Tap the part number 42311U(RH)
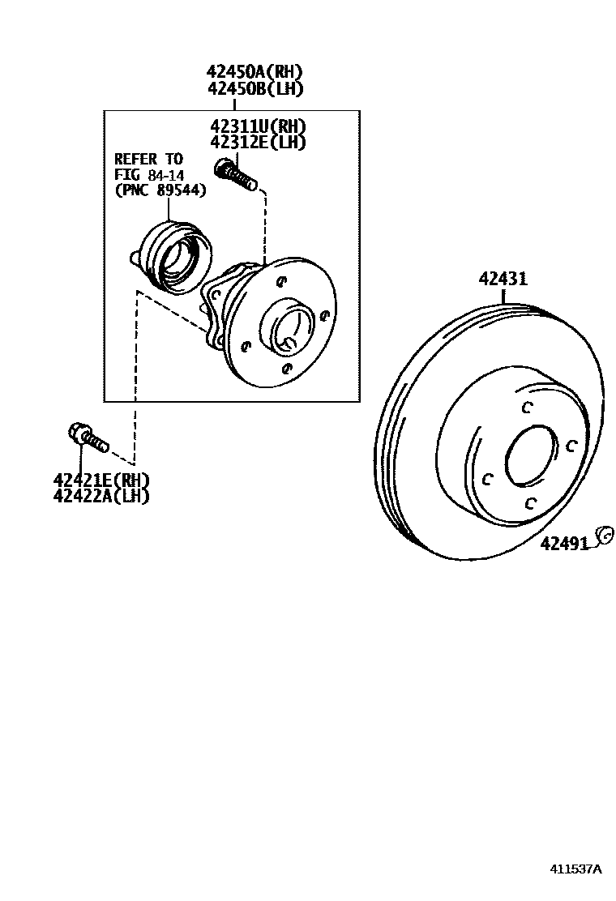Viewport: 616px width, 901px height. coord(259,126)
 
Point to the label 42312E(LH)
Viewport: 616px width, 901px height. coord(257,142)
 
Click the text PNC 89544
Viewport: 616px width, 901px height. coord(160,190)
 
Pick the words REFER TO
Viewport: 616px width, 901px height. coord(148,159)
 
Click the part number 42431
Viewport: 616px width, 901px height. coord(503,279)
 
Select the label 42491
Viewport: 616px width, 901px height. coord(564,544)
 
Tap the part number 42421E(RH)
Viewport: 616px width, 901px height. coord(101,480)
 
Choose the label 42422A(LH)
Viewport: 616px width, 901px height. coord(101,496)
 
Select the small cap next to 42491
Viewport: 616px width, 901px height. coord(602,534)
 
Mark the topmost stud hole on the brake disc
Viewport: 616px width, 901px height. coord(526,407)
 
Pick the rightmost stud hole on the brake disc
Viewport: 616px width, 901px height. coord(571,445)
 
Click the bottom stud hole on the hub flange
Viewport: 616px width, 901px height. coord(284,368)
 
